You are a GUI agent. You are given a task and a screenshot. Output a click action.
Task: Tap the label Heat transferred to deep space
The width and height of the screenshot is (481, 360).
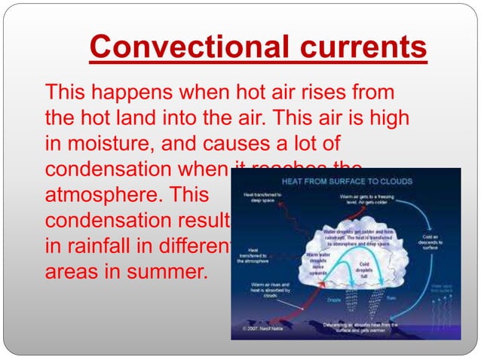pos(263,199)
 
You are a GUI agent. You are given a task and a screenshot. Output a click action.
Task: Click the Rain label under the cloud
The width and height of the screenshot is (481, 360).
pos(391,297)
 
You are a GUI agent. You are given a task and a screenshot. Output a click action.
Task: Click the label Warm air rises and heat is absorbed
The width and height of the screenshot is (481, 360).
pos(262,289)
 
